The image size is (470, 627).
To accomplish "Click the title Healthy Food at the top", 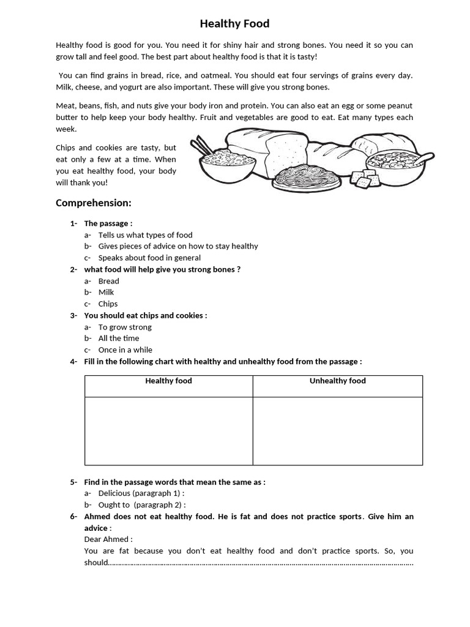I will tap(234, 24).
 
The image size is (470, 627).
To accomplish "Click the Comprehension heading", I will tap(94, 203).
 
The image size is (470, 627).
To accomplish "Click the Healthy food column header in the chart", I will tap(168, 381).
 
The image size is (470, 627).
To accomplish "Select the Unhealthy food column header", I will tap(337, 381).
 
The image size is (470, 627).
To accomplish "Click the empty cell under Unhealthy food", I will tap(337, 430).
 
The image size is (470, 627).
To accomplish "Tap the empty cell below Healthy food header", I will tap(168, 430).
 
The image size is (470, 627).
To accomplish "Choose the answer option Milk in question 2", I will tap(106, 292).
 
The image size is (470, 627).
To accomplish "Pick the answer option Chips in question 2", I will tap(108, 304).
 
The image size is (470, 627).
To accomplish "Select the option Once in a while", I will tap(125, 350).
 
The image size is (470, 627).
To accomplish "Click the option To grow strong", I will tap(125, 327).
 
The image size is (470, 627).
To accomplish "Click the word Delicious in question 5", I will tap(114, 493).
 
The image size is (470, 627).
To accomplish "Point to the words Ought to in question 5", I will tap(114, 505).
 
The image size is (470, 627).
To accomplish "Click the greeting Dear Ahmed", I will tap(107, 539).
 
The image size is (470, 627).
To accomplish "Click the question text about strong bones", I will tap(162, 269).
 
